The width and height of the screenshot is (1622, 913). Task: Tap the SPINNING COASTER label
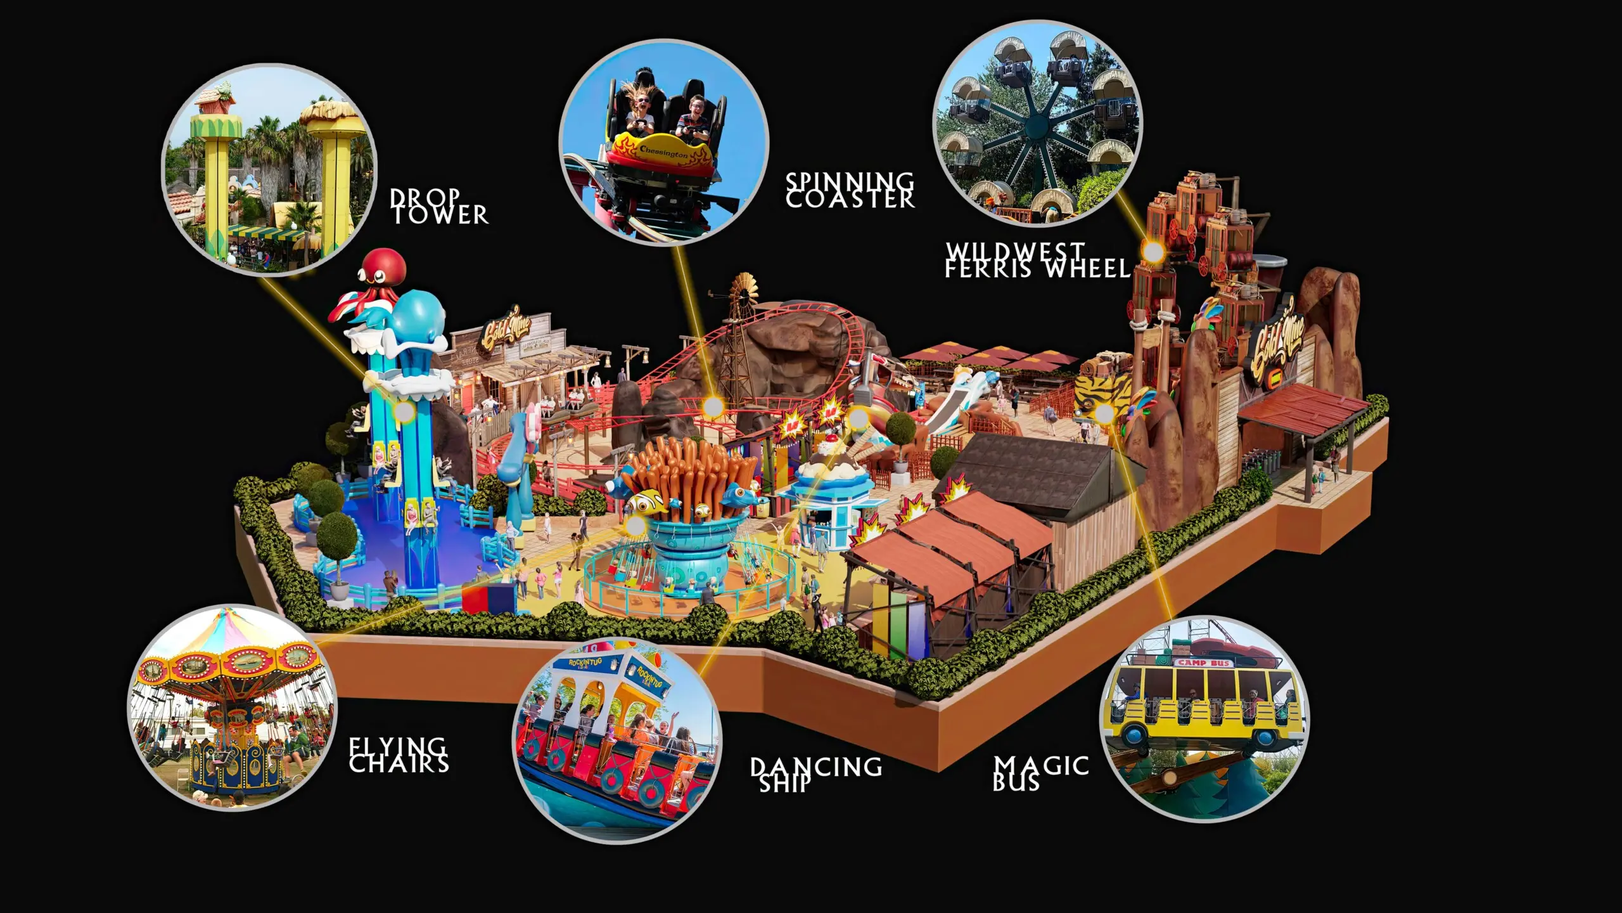pos(850,190)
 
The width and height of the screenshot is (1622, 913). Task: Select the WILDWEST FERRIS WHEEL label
pos(1037,260)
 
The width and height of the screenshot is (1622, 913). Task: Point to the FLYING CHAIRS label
pos(399,755)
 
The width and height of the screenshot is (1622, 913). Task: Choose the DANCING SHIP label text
pos(816,774)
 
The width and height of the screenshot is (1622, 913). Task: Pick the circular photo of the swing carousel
pos(233,707)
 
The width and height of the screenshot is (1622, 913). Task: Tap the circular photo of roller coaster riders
pos(663,141)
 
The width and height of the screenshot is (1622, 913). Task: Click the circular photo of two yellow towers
pos(270,170)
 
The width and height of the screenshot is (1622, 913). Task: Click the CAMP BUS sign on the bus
pos(1203,663)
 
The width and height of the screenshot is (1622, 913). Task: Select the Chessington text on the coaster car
pos(663,152)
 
